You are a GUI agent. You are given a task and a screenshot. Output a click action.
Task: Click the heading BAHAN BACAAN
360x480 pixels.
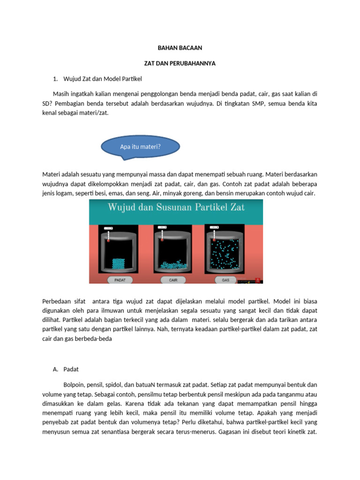(x=180, y=48)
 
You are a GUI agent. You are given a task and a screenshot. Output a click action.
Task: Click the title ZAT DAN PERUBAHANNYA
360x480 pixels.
(x=180, y=63)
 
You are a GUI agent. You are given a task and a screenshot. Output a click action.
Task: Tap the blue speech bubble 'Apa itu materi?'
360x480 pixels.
(x=141, y=147)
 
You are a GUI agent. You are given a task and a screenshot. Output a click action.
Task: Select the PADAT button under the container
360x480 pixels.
(x=120, y=280)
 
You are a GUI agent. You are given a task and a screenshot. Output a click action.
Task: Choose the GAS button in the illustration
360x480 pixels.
(x=225, y=280)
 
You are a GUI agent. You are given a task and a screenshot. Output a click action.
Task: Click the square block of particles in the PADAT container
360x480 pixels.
(x=119, y=263)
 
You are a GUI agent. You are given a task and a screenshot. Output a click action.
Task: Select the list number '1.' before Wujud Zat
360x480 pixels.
(x=55, y=79)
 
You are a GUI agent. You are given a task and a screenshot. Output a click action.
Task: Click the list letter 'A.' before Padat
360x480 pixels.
(x=55, y=369)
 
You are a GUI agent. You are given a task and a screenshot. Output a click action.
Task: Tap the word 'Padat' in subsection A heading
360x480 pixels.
(x=71, y=369)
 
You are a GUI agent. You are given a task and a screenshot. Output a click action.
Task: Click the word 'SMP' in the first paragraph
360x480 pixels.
(x=259, y=103)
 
